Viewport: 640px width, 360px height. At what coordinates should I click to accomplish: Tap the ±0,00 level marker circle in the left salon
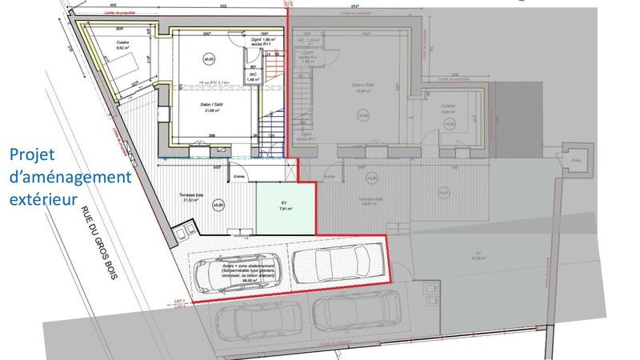pos(209,59)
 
